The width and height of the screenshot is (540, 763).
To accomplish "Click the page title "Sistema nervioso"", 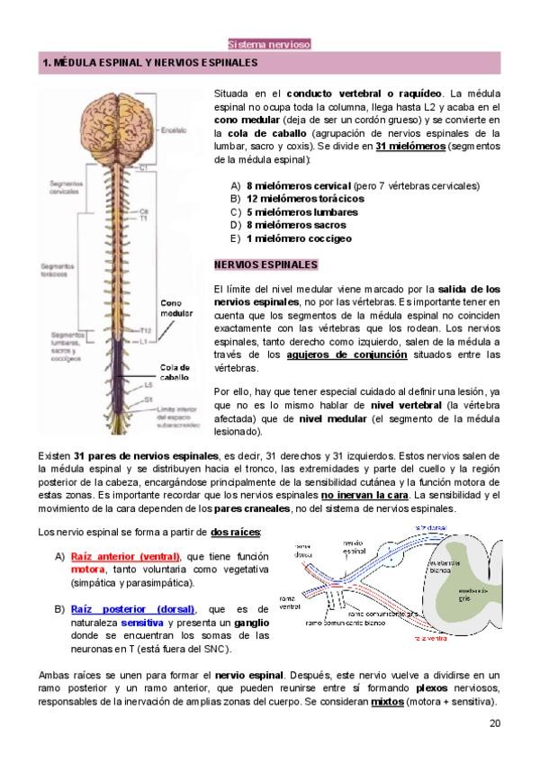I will (x=269, y=43).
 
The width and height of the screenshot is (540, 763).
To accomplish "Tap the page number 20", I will (x=495, y=723).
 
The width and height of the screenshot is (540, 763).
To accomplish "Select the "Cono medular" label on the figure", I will (x=176, y=308).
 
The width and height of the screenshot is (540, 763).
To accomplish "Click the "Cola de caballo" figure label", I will (x=175, y=373).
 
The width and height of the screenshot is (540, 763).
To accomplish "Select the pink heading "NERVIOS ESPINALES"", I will (x=265, y=265).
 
